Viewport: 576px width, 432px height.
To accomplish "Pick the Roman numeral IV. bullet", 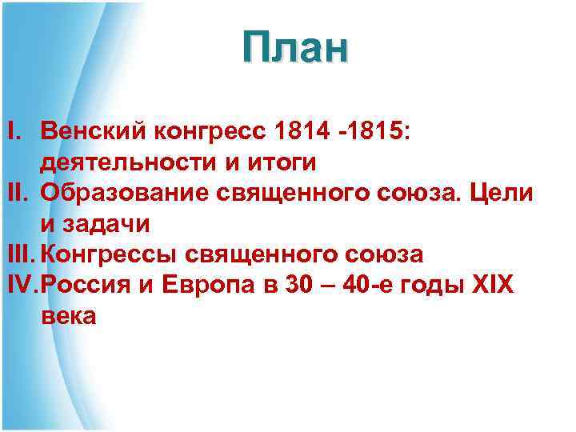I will click(x=22, y=285).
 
